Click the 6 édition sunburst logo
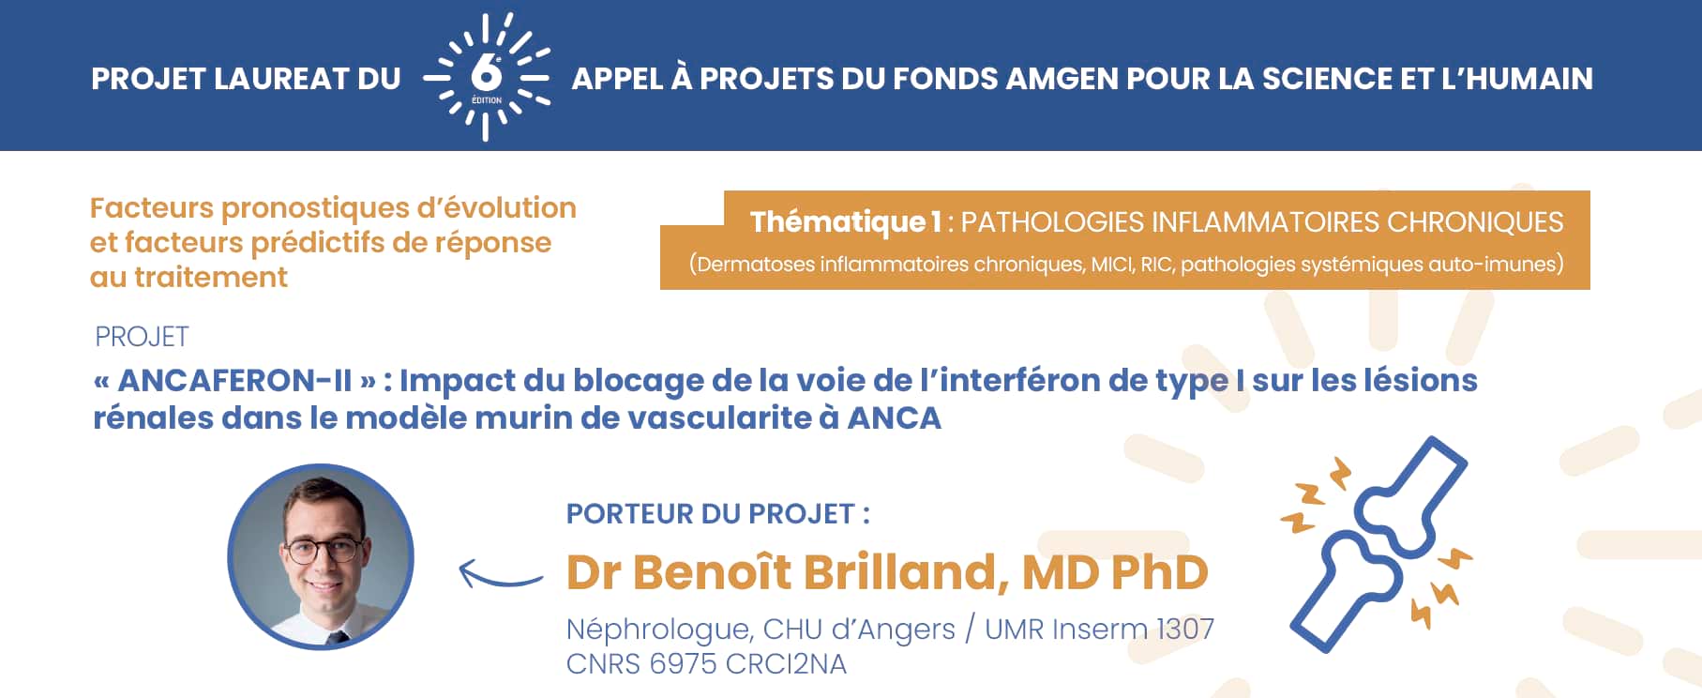pyautogui.click(x=486, y=77)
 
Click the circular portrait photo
pyautogui.click(x=321, y=556)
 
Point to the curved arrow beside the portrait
pyautogui.click(x=500, y=572)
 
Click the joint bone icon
pyautogui.click(x=1377, y=544)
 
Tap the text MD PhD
pyautogui.click(x=1115, y=572)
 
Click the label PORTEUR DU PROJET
pyautogui.click(x=717, y=514)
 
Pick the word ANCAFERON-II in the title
pyautogui.click(x=234, y=381)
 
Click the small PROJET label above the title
pyautogui.click(x=142, y=337)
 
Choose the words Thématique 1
pyautogui.click(x=845, y=222)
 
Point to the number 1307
pyautogui.click(x=1184, y=629)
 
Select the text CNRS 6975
pyautogui.click(x=641, y=664)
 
